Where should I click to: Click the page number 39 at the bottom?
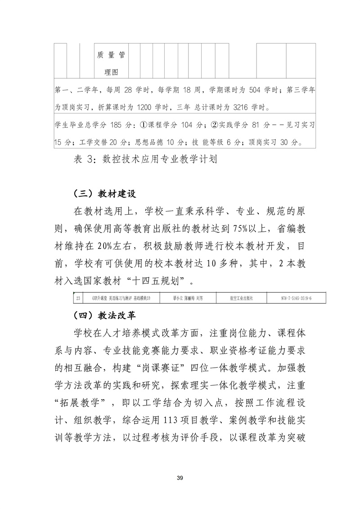[180, 477]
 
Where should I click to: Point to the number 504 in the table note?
[255, 90]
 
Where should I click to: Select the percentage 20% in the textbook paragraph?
[101, 247]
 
